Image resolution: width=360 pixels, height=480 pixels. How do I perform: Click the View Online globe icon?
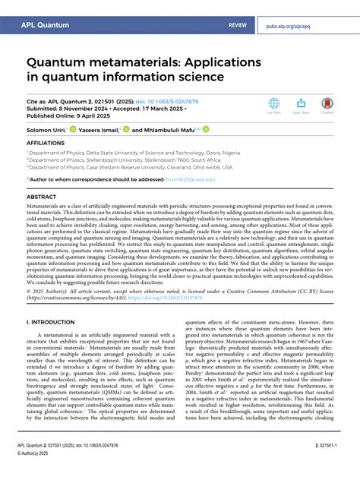[273, 104]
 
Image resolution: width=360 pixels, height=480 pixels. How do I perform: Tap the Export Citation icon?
[300, 104]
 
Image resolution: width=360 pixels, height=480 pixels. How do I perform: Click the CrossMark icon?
[327, 104]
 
